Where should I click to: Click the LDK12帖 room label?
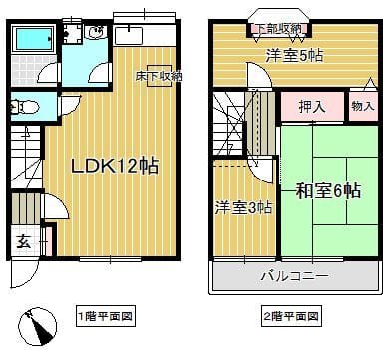[113, 165]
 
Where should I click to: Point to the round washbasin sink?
[96, 33]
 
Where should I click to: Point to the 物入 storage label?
[362, 105]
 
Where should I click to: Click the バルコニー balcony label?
[296, 274]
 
